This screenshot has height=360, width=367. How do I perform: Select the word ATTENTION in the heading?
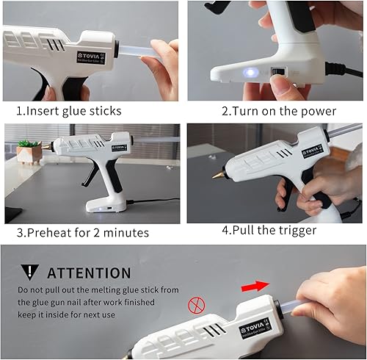pos(89,273)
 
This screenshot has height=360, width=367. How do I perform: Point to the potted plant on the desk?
pos(29,151)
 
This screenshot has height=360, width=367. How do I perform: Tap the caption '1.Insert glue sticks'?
pos(69,111)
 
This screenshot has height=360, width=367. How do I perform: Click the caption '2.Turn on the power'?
pos(279,111)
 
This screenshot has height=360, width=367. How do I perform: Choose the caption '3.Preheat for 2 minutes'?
pos(83,232)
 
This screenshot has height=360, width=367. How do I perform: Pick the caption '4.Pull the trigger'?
pos(269,231)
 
